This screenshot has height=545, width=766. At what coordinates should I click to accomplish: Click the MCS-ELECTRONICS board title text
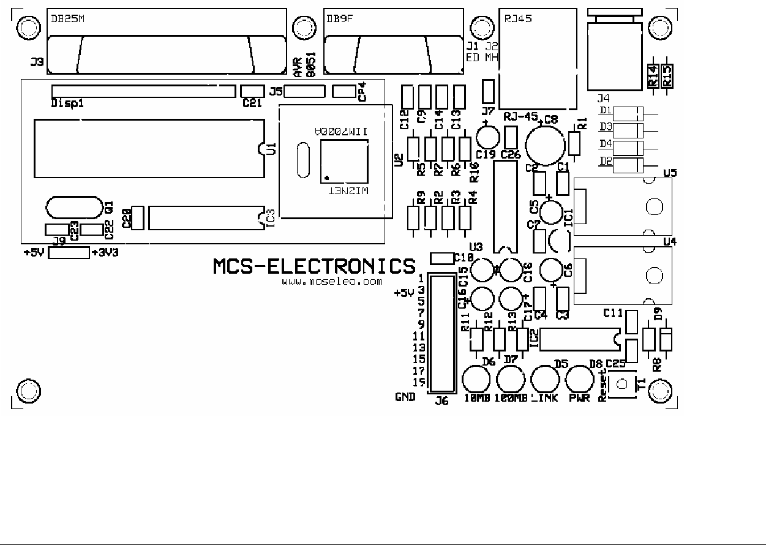coord(314,266)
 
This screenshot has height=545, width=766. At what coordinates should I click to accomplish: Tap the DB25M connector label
coord(67,19)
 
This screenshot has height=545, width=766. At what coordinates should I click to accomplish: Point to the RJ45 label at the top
coord(517,18)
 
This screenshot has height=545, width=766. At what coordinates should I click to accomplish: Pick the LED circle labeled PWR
coord(578,379)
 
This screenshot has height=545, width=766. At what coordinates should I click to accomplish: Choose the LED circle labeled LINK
coord(544,379)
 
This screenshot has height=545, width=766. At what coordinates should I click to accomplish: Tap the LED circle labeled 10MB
coord(476,379)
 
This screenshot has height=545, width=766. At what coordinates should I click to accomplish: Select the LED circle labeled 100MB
coord(510,379)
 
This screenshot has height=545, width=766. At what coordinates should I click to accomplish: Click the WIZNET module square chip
coord(344,161)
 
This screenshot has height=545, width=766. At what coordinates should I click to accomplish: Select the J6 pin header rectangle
coord(441,334)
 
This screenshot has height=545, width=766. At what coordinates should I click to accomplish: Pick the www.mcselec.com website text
coord(332,282)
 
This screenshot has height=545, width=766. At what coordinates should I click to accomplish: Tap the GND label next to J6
coord(405,397)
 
